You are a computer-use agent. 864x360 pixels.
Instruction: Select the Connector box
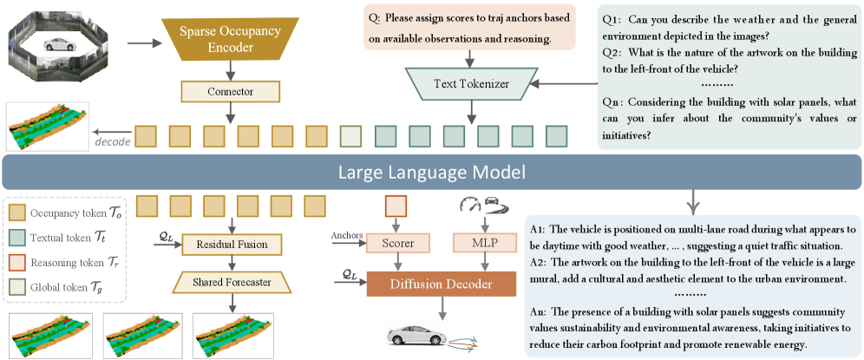coord(231,91)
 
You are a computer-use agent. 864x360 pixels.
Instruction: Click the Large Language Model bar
coord(431,173)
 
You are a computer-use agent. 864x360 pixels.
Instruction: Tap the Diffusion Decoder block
coord(442,285)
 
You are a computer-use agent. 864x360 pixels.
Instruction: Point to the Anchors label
coord(347,235)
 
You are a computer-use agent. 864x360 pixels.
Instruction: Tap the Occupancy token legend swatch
coord(18,213)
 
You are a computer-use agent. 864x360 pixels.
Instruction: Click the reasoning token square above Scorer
coord(395,206)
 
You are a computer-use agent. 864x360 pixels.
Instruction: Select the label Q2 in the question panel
coord(611,54)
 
